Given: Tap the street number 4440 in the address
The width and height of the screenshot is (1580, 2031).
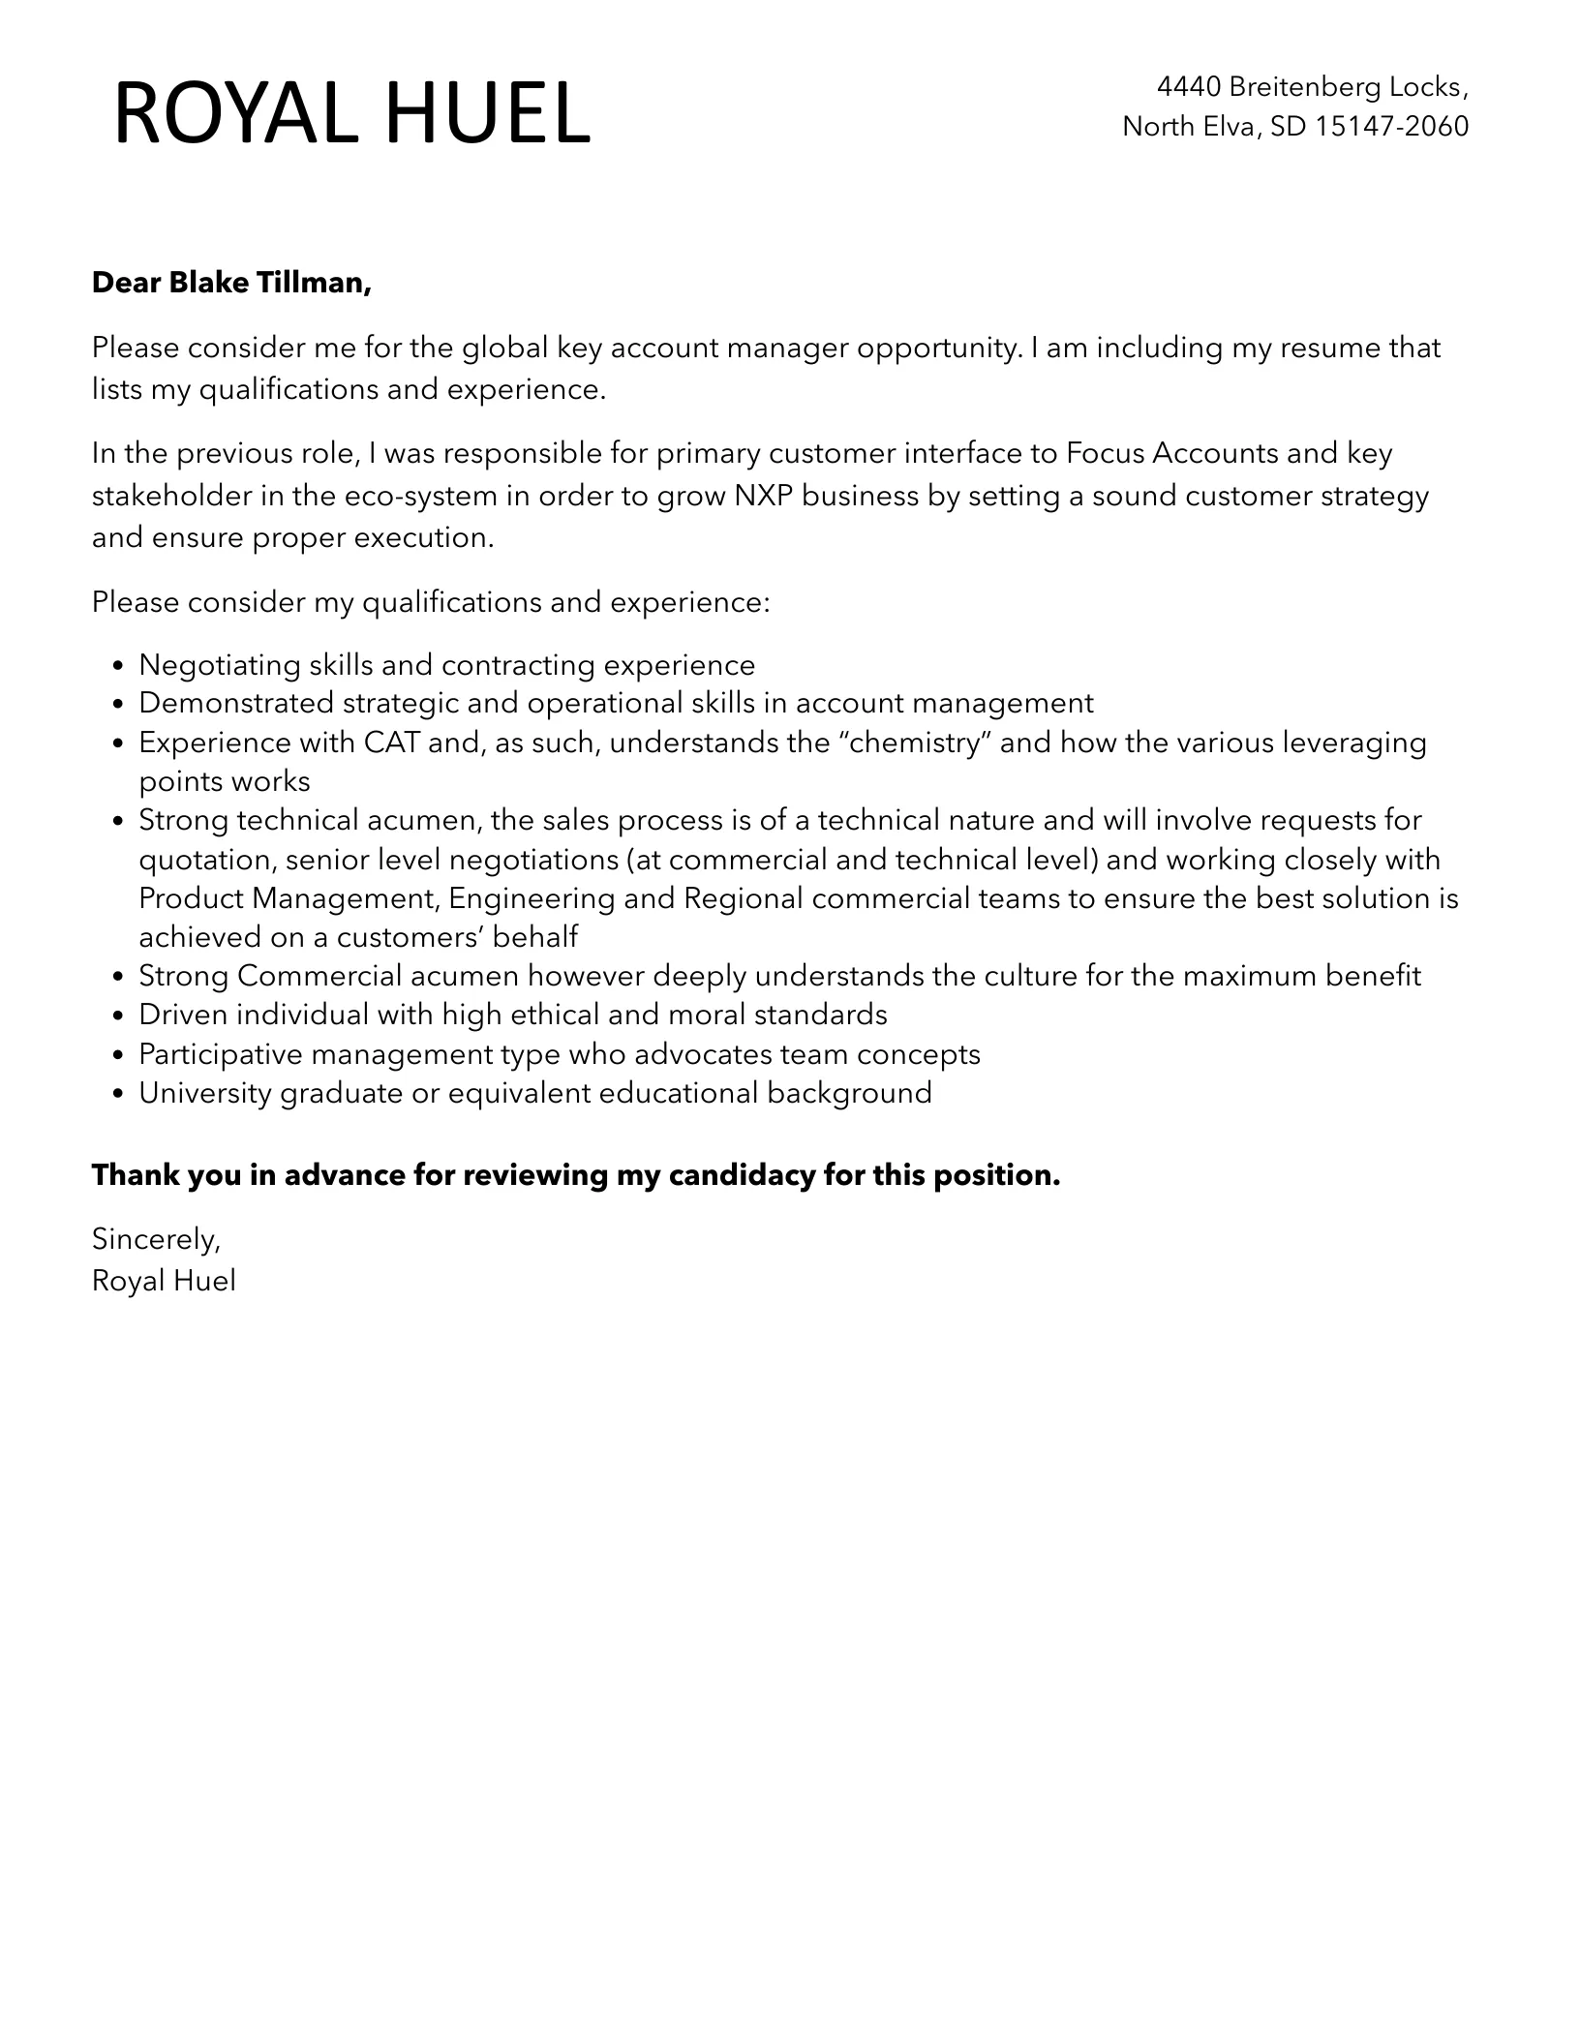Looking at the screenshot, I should (x=1189, y=87).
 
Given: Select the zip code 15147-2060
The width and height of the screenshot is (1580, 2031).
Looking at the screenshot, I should (x=1391, y=126).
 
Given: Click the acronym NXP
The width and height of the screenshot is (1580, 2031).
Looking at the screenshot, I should (x=763, y=496).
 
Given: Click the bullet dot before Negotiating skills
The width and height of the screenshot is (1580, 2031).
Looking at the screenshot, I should (x=117, y=666).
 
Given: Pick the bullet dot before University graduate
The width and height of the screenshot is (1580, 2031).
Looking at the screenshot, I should (x=117, y=1094).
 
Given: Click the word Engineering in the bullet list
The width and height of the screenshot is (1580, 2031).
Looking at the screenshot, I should (x=532, y=898).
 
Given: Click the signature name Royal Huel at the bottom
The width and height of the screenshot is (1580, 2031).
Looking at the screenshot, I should (x=164, y=1281).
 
